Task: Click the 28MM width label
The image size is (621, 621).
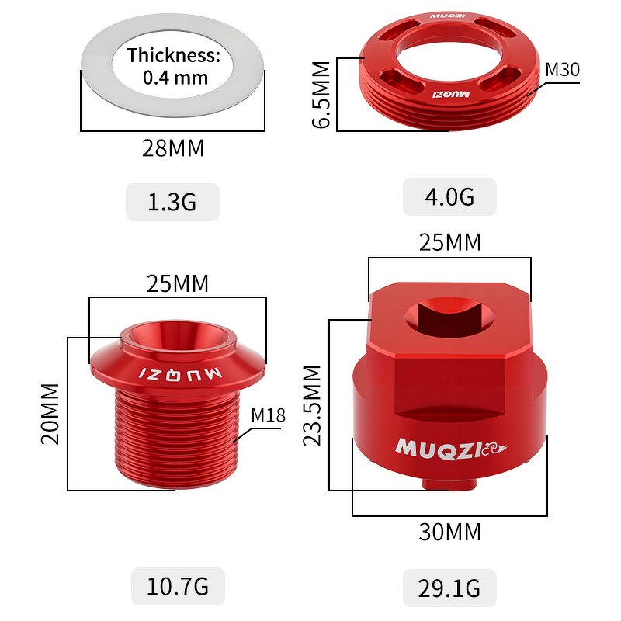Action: [173, 148]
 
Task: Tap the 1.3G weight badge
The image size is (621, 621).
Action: [172, 203]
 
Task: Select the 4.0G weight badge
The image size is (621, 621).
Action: [449, 196]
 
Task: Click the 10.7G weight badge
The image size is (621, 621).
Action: [178, 586]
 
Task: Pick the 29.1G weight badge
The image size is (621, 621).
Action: [449, 587]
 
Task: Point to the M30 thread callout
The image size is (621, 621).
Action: [562, 70]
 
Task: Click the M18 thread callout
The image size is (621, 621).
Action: [268, 415]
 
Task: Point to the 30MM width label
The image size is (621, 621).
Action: [450, 533]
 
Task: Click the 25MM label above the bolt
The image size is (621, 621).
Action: [178, 284]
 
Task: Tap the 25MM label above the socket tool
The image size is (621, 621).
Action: [450, 243]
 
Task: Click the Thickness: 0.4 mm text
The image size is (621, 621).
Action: [175, 66]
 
